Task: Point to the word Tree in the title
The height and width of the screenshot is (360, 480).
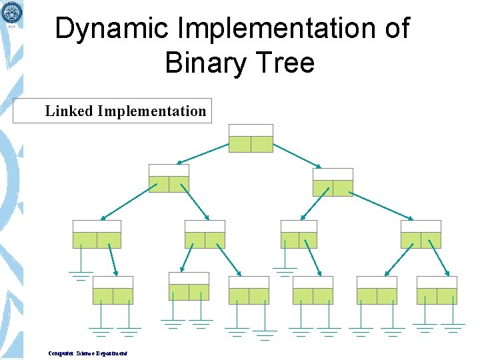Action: coord(287,63)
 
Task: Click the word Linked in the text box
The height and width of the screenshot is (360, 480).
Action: coord(69,111)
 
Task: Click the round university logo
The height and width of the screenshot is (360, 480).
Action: coord(11,12)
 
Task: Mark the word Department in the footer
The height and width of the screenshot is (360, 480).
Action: coord(109,353)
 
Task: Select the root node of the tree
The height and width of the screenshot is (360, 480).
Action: coord(251,138)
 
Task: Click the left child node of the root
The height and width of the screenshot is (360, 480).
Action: coord(169,178)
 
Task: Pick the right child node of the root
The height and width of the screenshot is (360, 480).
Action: coord(333,182)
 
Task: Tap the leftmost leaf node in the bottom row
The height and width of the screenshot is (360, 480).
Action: coord(113,290)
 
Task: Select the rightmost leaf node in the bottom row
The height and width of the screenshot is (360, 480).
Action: coord(437,290)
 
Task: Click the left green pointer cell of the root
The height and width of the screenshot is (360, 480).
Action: coord(240,144)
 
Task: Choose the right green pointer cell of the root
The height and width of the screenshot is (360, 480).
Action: coord(262,144)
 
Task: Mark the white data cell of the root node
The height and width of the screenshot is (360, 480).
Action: coord(251,130)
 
